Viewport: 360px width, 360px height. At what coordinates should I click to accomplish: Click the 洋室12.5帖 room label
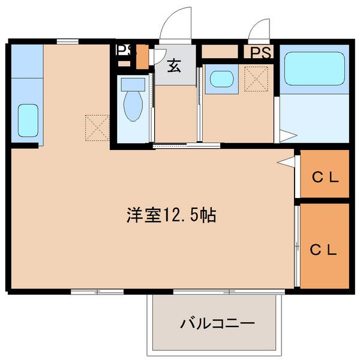point(171,215)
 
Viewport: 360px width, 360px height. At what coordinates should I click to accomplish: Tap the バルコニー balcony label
point(217,323)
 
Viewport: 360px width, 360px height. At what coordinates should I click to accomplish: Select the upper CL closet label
point(326,177)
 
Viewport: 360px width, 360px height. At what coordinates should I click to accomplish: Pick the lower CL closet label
point(323,250)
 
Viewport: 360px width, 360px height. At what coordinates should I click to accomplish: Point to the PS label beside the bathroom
point(260,52)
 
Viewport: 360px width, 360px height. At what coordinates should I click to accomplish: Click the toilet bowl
point(133,106)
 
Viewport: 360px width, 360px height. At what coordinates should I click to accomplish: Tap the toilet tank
point(133,85)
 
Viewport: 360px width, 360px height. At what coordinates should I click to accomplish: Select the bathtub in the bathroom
point(314,68)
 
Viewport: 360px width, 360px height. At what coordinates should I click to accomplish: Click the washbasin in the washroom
point(221,79)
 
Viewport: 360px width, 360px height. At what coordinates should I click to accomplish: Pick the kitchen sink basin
point(28,121)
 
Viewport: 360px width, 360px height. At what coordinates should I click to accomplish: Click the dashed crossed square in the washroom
point(256,79)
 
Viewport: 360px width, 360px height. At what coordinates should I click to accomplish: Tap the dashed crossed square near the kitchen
point(97,128)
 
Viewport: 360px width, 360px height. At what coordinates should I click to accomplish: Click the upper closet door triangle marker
point(286,161)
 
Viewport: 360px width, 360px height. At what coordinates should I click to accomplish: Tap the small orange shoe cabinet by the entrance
point(142,57)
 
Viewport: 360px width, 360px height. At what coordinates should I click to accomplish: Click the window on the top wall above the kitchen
point(67,41)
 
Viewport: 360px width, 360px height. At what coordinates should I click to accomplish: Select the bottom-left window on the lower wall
point(97,292)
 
